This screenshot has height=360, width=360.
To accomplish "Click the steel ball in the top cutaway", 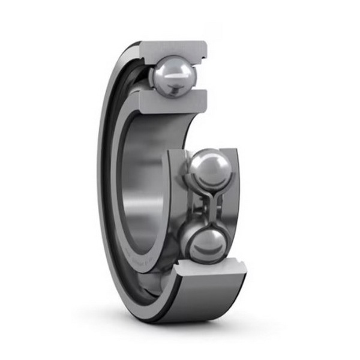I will [x=173, y=75].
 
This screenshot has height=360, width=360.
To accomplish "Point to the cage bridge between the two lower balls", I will [x=206, y=206].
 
